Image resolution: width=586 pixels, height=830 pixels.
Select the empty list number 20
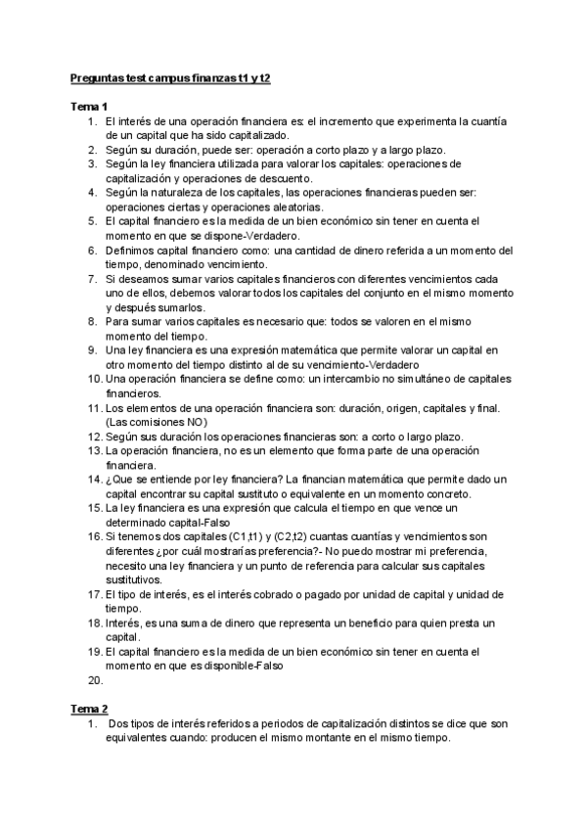point(94,679)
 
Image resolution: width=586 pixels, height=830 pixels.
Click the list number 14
point(94,479)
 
